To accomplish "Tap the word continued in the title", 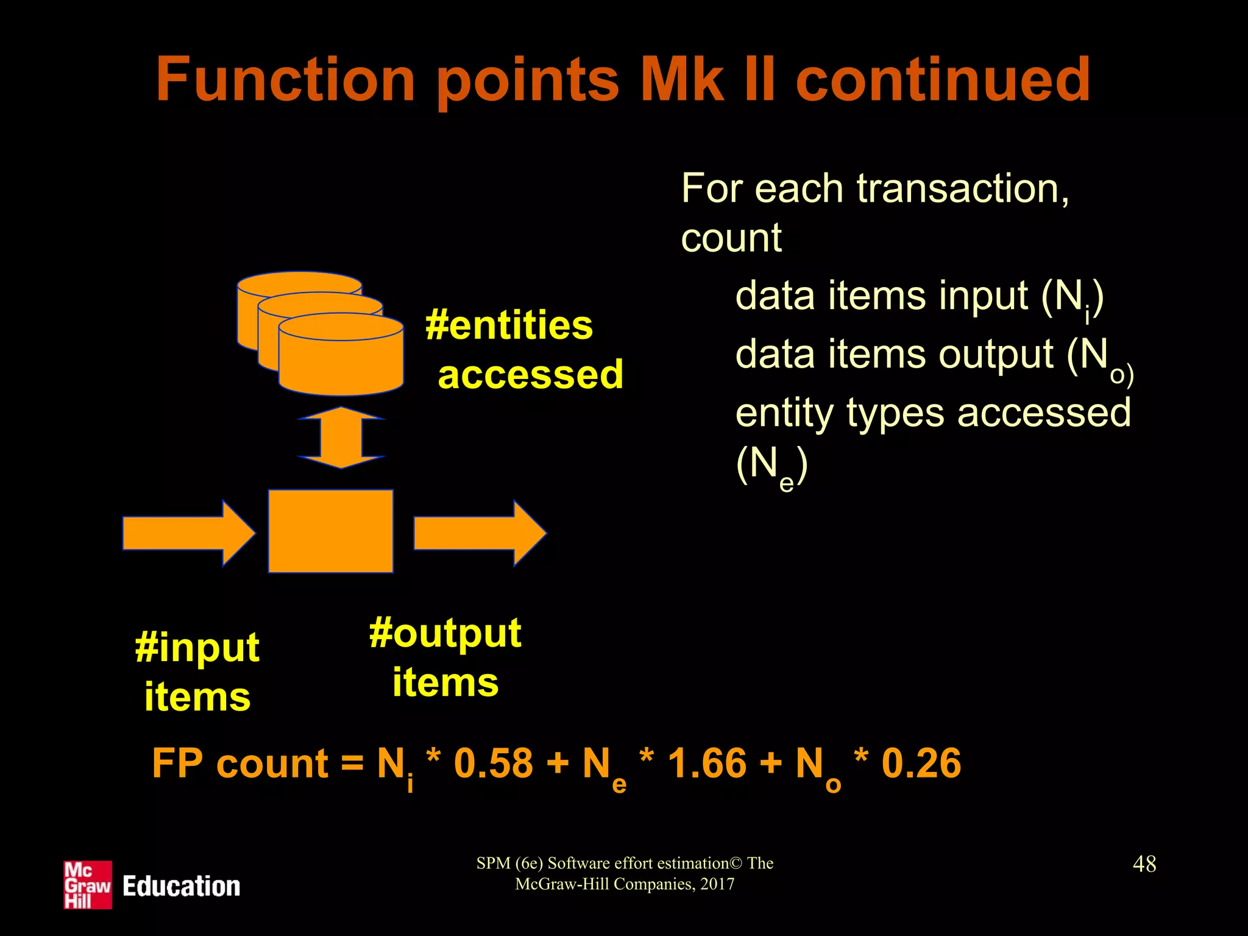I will pos(943,80).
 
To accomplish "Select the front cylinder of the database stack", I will pos(341,360).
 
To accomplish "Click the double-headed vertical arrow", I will pos(341,438).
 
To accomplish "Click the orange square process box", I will pos(331,531).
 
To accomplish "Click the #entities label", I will pos(509,325).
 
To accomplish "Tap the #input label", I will pos(197,647).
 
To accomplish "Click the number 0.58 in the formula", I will pos(493,763).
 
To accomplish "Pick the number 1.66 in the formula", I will pos(707,763).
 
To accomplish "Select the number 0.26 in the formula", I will pos(921,763).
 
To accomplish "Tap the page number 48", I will pos(1144,863).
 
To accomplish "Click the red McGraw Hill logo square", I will pos(88,885).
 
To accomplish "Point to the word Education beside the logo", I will pos(181,886).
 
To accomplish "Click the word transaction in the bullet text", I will pos(962,188).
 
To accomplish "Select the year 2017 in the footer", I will pos(717,884).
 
